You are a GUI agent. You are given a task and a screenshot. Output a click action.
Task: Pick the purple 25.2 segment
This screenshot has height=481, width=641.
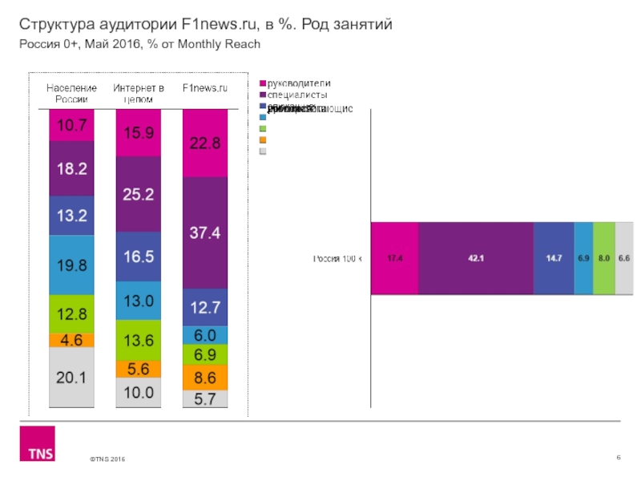(x=139, y=194)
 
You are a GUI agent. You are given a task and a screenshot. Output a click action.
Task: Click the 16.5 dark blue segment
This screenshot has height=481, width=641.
(x=139, y=257)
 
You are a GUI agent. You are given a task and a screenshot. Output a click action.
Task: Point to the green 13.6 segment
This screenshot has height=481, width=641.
(x=139, y=340)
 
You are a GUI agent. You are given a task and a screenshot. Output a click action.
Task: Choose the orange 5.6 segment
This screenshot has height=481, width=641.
(x=139, y=369)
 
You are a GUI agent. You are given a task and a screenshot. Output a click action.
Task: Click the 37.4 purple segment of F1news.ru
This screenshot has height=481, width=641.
(x=205, y=232)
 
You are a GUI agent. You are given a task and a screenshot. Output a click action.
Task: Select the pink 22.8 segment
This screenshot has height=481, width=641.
(x=205, y=143)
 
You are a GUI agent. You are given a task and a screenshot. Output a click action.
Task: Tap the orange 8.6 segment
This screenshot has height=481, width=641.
(x=205, y=376)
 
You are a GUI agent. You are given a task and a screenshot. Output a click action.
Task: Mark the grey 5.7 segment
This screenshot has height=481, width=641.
(x=205, y=398)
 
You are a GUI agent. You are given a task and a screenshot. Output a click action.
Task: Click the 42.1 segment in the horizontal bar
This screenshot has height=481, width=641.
(x=475, y=258)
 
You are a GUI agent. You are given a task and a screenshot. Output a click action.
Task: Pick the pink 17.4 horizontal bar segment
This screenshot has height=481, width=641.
(x=394, y=258)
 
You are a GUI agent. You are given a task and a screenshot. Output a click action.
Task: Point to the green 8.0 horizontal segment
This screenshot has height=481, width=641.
(x=604, y=258)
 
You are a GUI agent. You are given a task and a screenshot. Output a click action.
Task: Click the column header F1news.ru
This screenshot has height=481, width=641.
(x=206, y=87)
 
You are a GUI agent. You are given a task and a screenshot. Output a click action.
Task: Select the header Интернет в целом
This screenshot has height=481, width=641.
(x=139, y=92)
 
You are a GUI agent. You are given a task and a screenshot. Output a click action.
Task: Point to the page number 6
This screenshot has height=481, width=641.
(x=619, y=457)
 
